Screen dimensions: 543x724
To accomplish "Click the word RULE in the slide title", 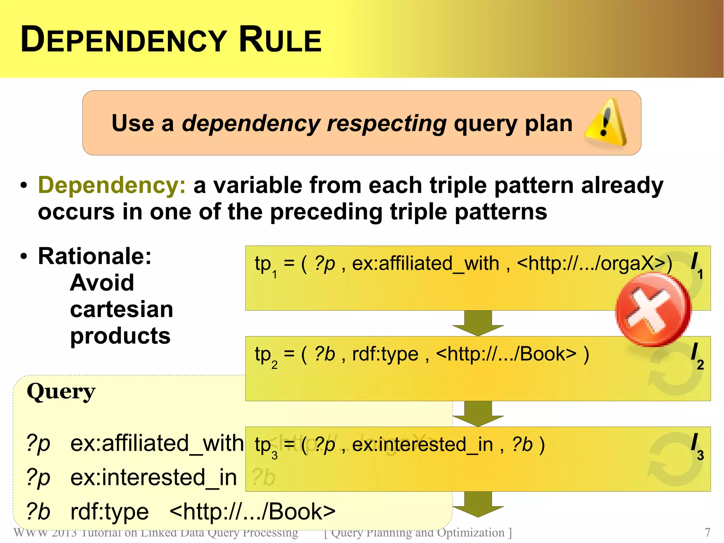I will (280, 40).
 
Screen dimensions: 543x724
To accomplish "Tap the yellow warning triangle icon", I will (606, 123).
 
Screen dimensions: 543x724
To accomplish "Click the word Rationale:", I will (95, 256).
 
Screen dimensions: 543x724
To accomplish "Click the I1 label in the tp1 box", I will (697, 265).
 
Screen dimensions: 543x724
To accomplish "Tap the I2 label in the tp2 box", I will (697, 356).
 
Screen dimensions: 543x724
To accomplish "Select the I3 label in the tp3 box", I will (697, 446).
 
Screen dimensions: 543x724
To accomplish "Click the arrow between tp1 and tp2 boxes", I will (478, 323).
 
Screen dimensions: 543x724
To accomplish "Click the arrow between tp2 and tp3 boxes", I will (478, 413).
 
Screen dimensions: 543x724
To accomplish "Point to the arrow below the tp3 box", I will (478, 504).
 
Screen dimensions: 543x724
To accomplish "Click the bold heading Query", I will (61, 392).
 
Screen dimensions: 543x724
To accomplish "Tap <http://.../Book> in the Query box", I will (252, 512).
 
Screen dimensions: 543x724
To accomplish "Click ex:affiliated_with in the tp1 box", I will (425, 264).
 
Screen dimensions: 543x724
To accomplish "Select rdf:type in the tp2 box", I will (385, 354).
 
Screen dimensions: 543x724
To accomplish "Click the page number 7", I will (707, 532).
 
